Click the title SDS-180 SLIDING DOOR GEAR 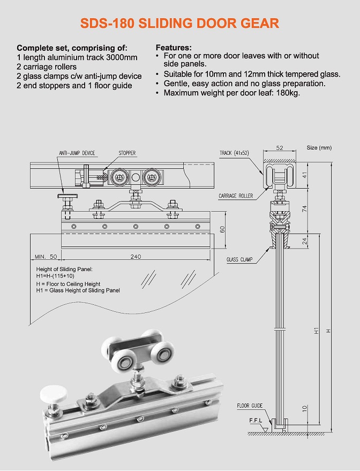pos(179,23)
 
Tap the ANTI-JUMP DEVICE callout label pos(77,153)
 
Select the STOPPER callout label pos(127,153)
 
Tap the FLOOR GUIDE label pos(250,406)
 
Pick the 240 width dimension pos(136,257)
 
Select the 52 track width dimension pos(279,147)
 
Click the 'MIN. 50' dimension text pos(46,257)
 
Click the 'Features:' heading pos(173,48)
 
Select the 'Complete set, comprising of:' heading pos(72,48)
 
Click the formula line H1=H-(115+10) pos(59,275)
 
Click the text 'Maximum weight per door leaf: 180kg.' pos(231,93)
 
